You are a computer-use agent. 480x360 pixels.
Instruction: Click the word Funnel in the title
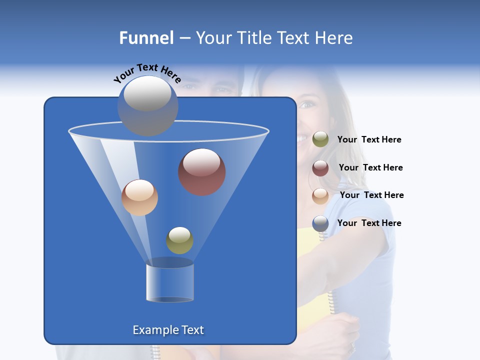tap(146, 38)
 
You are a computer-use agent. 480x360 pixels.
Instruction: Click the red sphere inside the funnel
tap(202, 172)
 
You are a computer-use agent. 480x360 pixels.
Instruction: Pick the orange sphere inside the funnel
tap(139, 197)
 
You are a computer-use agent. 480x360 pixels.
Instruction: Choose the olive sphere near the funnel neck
tap(179, 240)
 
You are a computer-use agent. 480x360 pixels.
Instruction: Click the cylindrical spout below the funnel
tap(170, 283)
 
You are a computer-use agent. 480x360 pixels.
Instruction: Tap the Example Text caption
tap(168, 330)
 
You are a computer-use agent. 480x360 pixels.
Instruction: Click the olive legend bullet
tap(320, 139)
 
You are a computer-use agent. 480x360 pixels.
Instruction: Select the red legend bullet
tap(320, 168)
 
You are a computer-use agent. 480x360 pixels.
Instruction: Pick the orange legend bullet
tap(320, 196)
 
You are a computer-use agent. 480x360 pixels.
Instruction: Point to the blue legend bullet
tap(320, 223)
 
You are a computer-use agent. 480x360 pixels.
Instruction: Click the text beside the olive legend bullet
tap(369, 140)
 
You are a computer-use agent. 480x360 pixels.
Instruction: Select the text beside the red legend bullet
tap(370, 168)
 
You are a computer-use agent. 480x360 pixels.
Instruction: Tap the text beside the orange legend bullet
tap(371, 195)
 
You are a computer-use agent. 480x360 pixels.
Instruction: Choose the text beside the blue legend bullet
tap(369, 223)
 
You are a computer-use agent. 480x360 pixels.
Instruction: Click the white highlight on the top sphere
tap(147, 93)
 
